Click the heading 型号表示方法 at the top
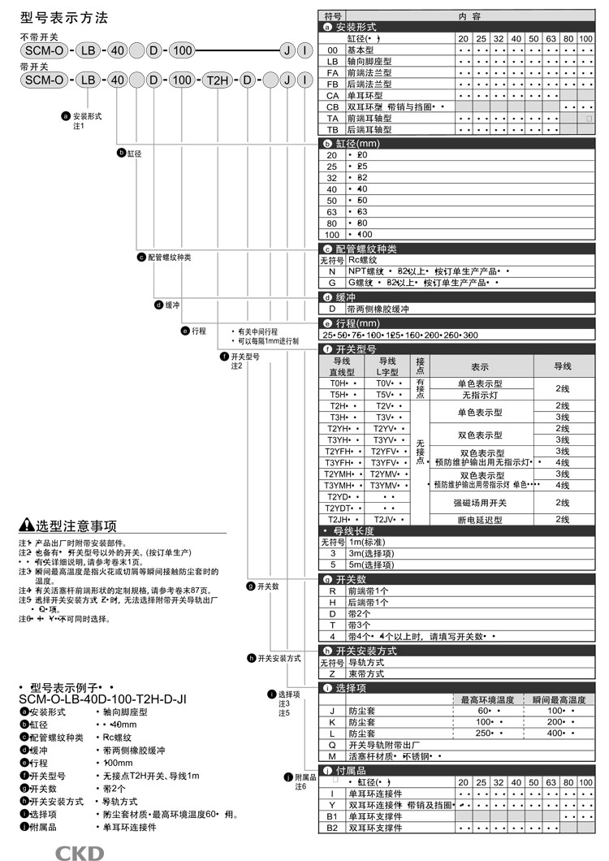[x=63, y=18]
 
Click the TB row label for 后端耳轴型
[x=331, y=129]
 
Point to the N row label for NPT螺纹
[x=331, y=271]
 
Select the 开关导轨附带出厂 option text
[x=386, y=744]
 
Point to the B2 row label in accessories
[x=331, y=828]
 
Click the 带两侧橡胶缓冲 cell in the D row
[x=378, y=309]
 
